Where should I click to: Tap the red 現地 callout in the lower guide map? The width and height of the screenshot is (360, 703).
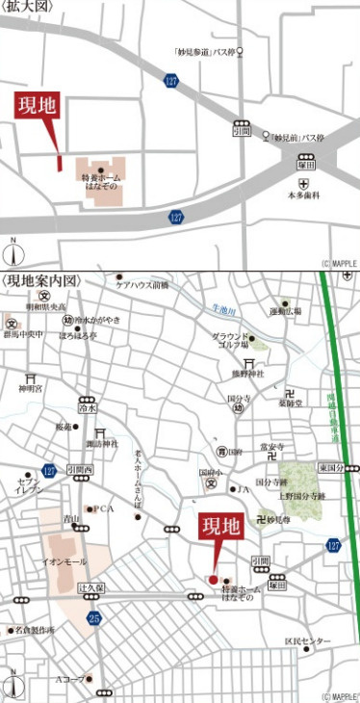(x=219, y=527)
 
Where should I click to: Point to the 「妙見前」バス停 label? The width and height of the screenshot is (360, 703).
(x=297, y=138)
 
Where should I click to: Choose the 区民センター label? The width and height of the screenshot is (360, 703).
(x=307, y=641)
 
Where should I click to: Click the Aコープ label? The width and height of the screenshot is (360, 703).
(x=69, y=678)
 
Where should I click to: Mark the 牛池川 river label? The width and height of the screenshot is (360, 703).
(x=227, y=308)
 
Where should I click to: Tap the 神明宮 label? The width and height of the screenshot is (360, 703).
(x=32, y=389)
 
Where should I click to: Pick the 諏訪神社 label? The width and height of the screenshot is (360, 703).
(x=100, y=444)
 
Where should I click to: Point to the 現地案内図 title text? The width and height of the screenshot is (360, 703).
(x=41, y=280)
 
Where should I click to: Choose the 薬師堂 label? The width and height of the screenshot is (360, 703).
(x=293, y=404)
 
